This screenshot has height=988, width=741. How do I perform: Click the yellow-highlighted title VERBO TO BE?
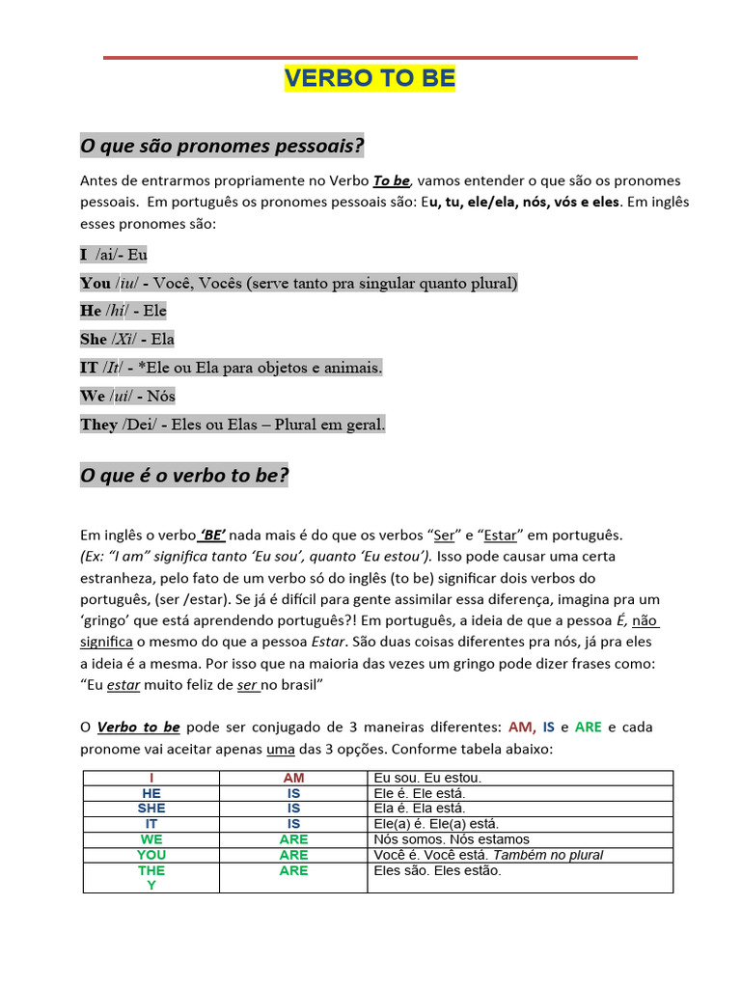370,79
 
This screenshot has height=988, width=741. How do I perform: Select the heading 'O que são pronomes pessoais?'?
222,146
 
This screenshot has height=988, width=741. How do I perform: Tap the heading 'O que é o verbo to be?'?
184,476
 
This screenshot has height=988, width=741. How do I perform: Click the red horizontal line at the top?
370,58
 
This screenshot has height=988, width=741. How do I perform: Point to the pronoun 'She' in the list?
94,340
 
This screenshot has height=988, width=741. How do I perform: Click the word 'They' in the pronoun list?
98,425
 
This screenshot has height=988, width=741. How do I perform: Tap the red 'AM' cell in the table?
294,778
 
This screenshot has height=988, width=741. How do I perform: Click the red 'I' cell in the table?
151,778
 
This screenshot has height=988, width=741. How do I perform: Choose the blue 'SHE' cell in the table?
151,809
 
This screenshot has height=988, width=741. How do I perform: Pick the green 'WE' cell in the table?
151,839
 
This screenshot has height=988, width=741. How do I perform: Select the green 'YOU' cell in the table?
151,855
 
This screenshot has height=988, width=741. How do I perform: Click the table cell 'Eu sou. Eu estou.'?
426,778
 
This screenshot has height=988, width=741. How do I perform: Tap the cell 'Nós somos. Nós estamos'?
451,839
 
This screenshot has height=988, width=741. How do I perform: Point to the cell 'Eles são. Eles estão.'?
437,870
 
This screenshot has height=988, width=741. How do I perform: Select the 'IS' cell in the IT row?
294,824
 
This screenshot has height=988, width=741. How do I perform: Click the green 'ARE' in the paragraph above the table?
588,727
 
